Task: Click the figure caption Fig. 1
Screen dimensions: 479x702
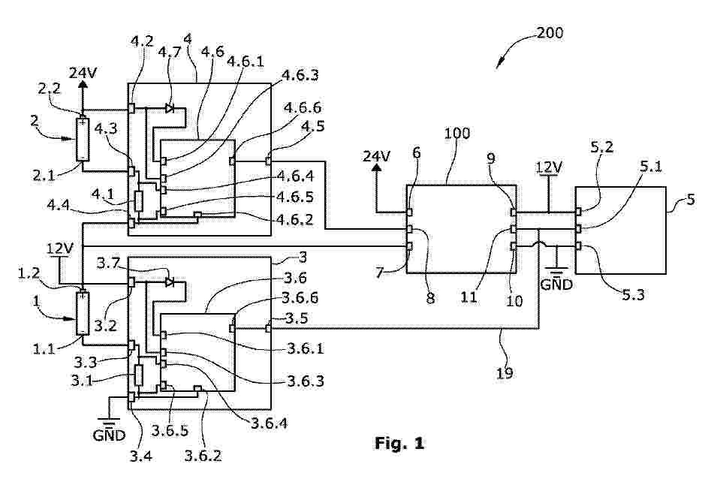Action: pos(399,444)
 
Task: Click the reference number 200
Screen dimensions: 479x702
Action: pos(550,33)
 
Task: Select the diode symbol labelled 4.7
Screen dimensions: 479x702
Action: pos(170,108)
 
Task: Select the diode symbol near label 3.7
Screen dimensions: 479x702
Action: pos(170,282)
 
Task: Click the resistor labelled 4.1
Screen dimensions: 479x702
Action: pos(139,201)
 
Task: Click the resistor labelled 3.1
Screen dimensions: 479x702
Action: pos(139,374)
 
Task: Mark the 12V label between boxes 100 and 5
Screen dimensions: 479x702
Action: pos(549,164)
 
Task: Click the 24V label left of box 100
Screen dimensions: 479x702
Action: pos(377,157)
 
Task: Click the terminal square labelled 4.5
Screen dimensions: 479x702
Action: pos(268,159)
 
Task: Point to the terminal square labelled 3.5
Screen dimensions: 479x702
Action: pos(268,327)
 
